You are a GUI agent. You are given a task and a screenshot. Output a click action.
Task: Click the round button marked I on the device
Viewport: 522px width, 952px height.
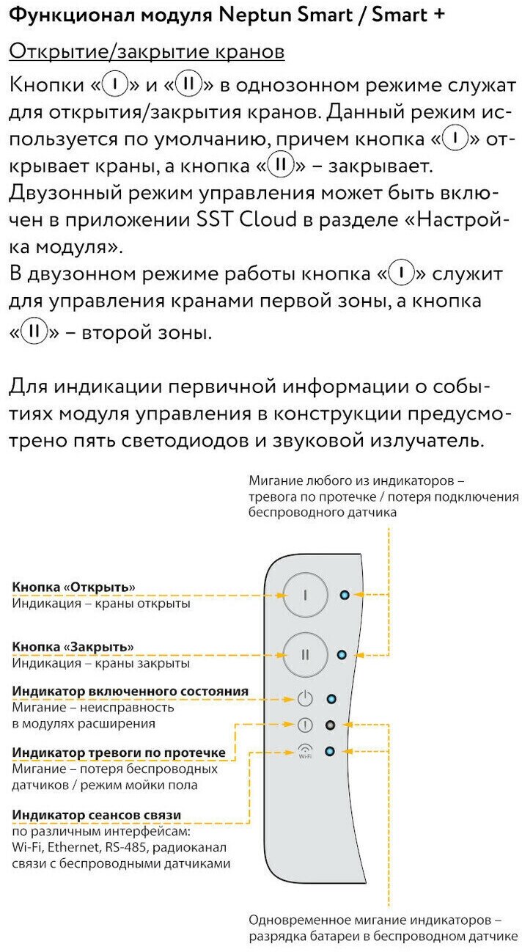click(306, 595)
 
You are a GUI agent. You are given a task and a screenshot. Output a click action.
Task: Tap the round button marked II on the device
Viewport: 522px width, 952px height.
click(306, 653)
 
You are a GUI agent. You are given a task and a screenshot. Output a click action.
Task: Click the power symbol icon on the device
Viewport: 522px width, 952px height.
click(306, 699)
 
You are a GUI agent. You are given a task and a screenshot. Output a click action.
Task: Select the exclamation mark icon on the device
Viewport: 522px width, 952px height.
click(306, 725)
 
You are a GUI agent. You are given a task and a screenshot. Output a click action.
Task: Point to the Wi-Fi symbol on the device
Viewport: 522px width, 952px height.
click(306, 751)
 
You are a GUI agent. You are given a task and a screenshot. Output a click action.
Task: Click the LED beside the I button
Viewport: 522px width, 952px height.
click(345, 594)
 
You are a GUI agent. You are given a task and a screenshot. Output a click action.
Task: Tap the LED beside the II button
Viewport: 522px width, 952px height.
click(341, 653)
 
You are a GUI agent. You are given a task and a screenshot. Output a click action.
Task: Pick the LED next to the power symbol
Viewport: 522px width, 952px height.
click(331, 699)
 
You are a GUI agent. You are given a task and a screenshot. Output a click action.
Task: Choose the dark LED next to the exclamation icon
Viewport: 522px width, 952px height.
click(331, 725)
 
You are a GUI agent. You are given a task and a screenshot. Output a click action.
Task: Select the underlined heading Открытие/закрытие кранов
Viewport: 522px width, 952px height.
click(147, 52)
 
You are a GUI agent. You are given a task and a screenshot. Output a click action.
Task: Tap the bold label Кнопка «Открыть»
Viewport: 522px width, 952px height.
click(74, 587)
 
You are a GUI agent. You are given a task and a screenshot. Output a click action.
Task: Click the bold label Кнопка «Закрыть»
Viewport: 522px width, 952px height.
click(73, 647)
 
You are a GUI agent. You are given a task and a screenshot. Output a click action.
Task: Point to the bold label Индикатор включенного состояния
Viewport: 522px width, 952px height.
click(130, 691)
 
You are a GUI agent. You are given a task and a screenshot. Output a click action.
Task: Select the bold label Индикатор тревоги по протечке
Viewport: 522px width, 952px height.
click(119, 753)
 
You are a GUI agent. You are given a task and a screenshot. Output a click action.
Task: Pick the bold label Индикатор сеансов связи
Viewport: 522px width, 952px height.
click(97, 815)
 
